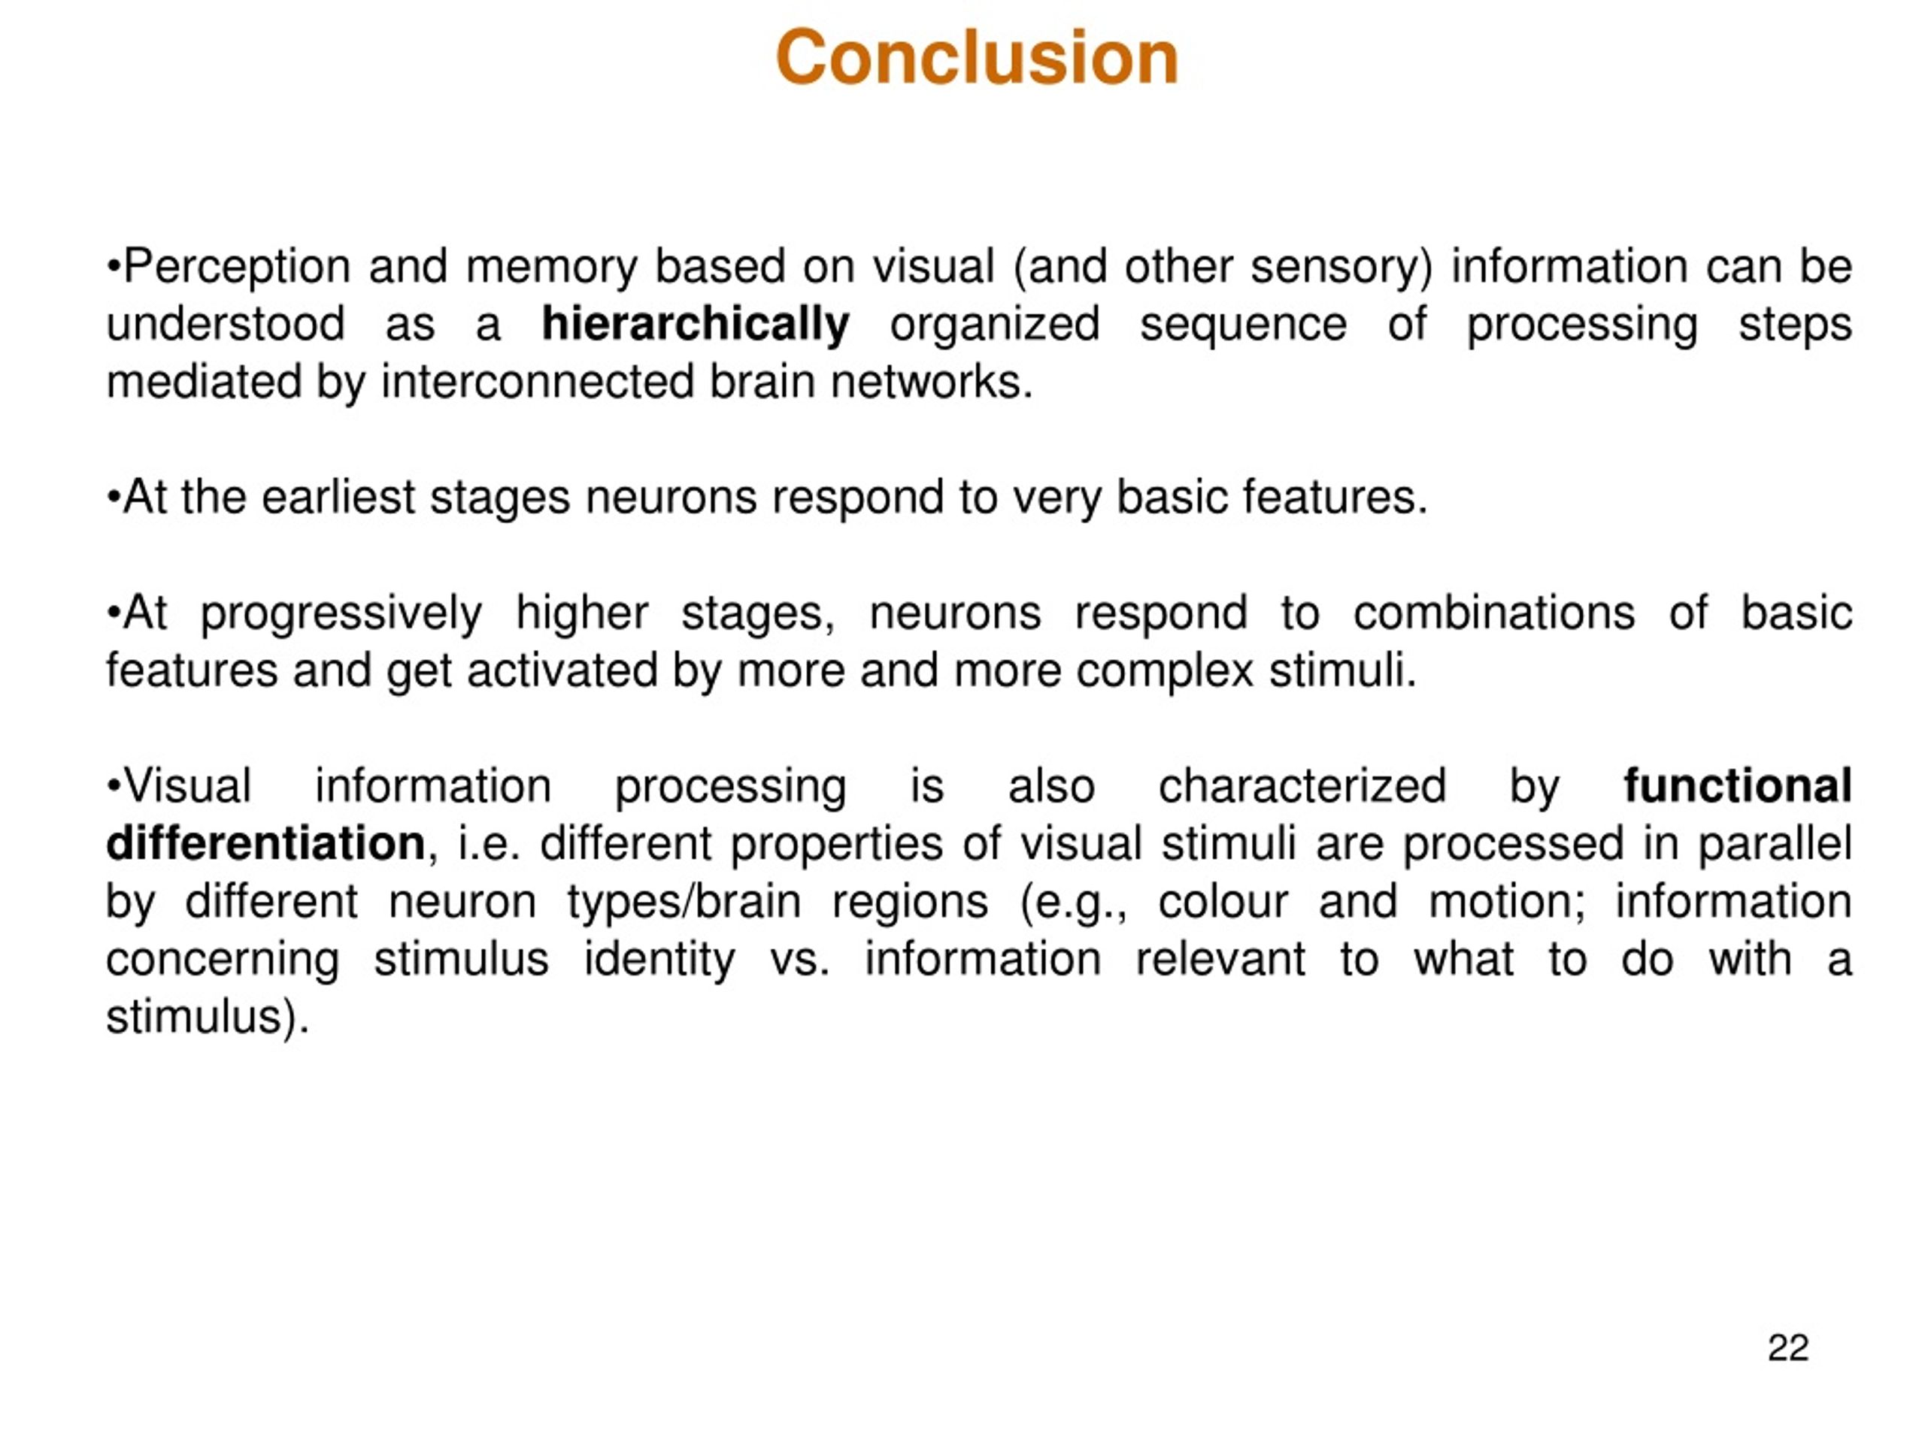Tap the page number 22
[1788, 1348]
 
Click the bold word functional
[1738, 785]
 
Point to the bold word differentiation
[265, 844]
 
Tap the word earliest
[338, 497]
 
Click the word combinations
[1494, 613]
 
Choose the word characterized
[1302, 785]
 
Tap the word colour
[1223, 901]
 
